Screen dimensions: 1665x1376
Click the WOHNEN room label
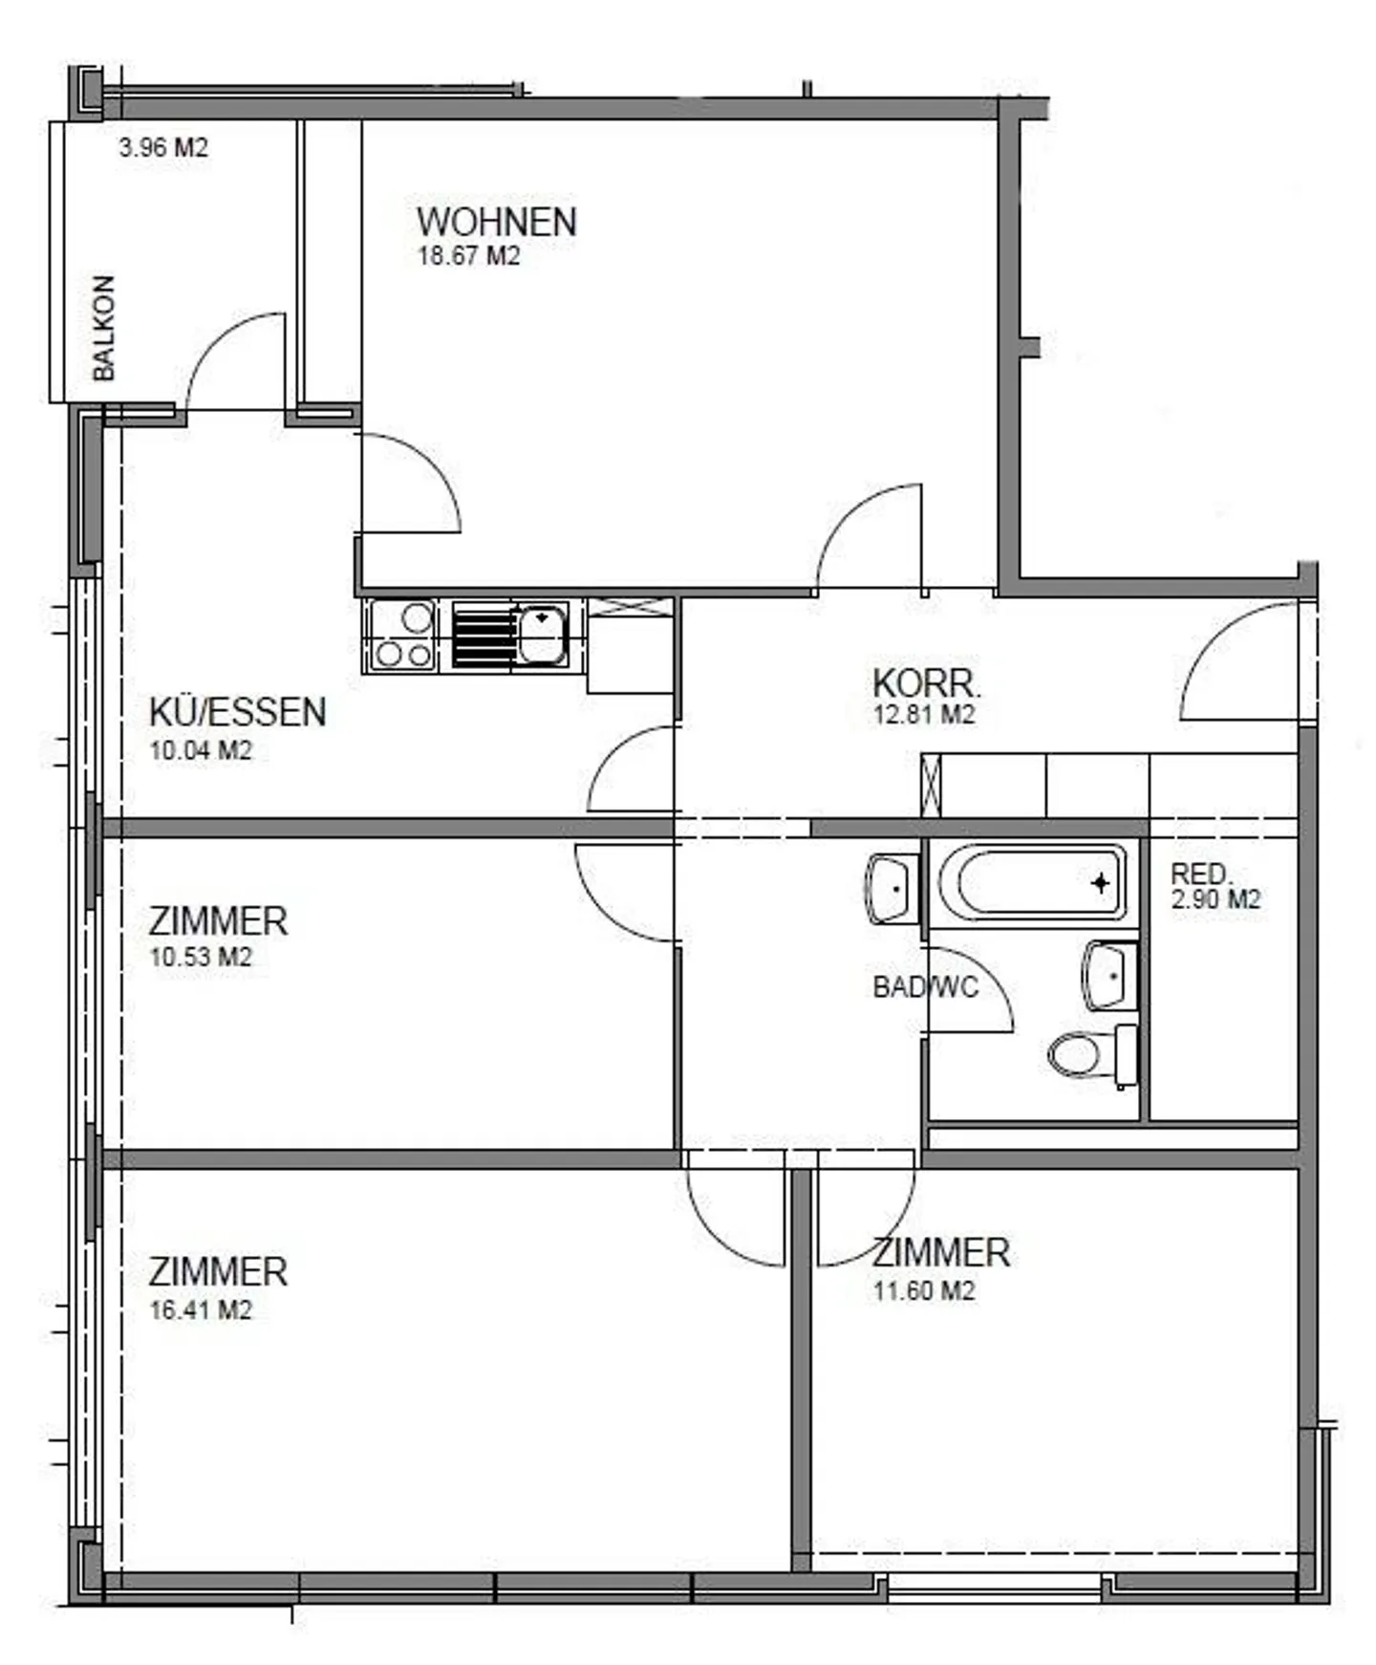[496, 222]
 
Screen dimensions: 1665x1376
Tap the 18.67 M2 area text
[468, 256]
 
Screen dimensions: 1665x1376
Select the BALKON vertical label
[103, 328]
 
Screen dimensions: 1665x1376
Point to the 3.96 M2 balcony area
[162, 148]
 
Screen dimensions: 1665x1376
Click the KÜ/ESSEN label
[237, 713]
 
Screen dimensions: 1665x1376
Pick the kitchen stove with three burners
[402, 636]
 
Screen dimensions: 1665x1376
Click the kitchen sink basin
[542, 633]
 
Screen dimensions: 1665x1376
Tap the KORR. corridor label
[926, 684]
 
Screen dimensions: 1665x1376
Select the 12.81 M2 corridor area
[923, 715]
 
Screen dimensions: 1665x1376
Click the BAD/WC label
[925, 987]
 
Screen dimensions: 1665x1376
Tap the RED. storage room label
[1201, 874]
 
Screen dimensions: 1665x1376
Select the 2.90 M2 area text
[1215, 899]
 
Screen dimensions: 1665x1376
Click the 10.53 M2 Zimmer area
[201, 957]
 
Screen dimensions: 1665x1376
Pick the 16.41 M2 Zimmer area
[201, 1309]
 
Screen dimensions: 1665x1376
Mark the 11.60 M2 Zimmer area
[923, 1290]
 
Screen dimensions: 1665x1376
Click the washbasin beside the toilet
[1110, 975]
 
